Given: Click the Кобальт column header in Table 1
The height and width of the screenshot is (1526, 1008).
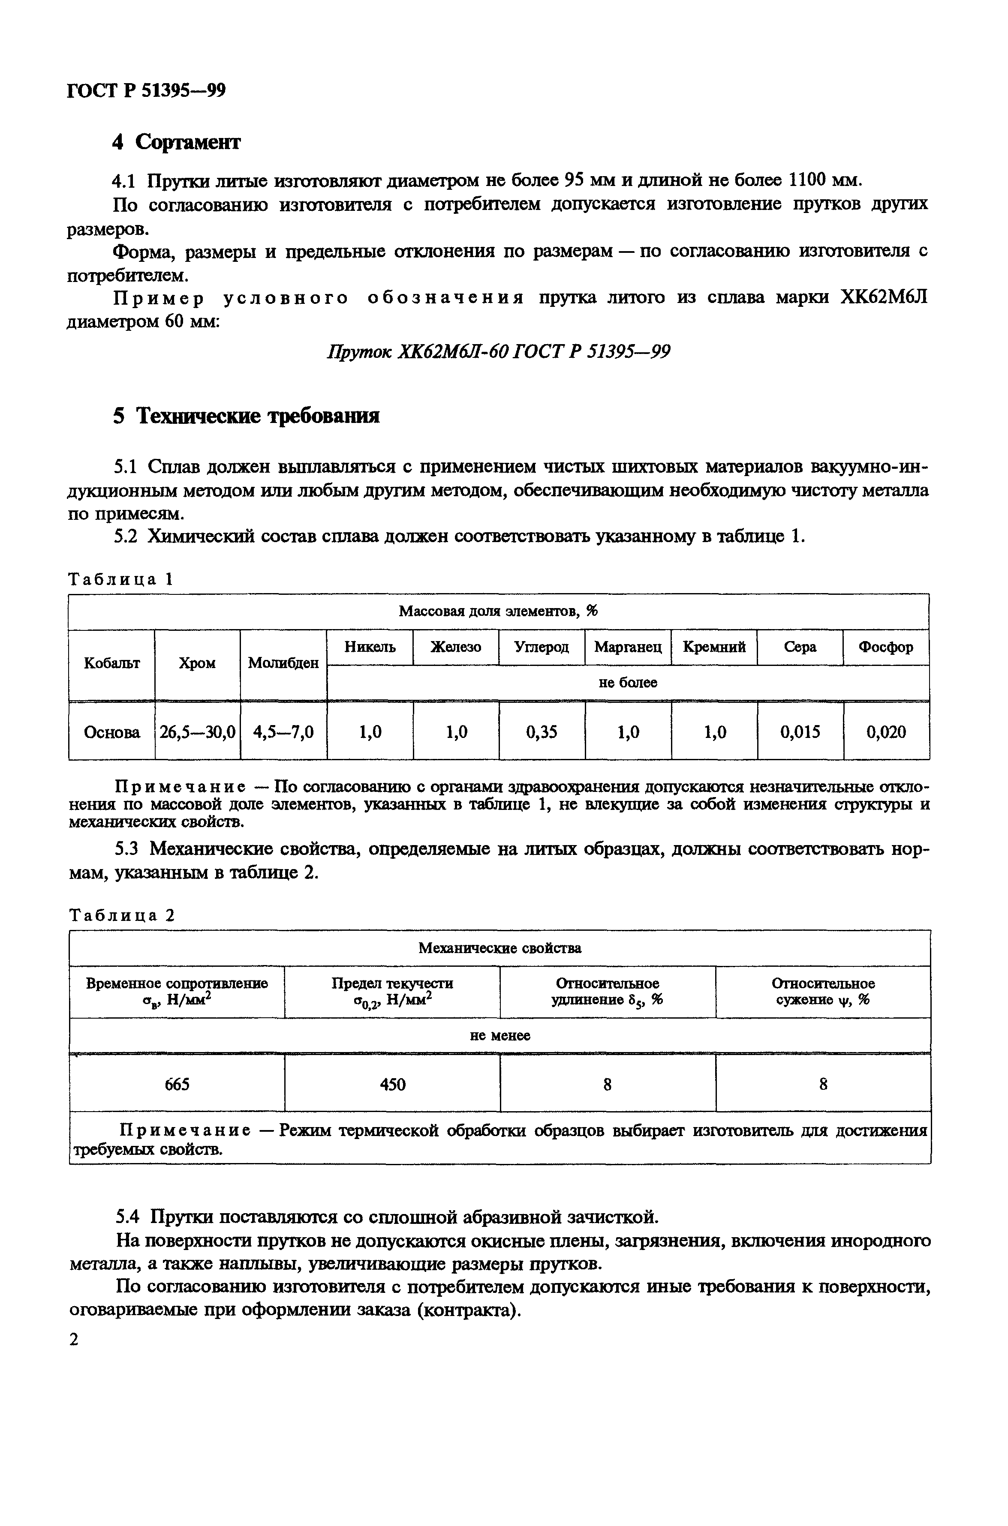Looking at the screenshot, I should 112,663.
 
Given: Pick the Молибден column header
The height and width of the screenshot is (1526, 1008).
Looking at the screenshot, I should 283,663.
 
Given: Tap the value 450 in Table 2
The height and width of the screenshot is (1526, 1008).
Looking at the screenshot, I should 392,1085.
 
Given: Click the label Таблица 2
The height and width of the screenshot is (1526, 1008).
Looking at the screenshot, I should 121,916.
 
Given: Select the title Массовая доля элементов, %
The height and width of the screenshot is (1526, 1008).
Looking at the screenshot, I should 498,611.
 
